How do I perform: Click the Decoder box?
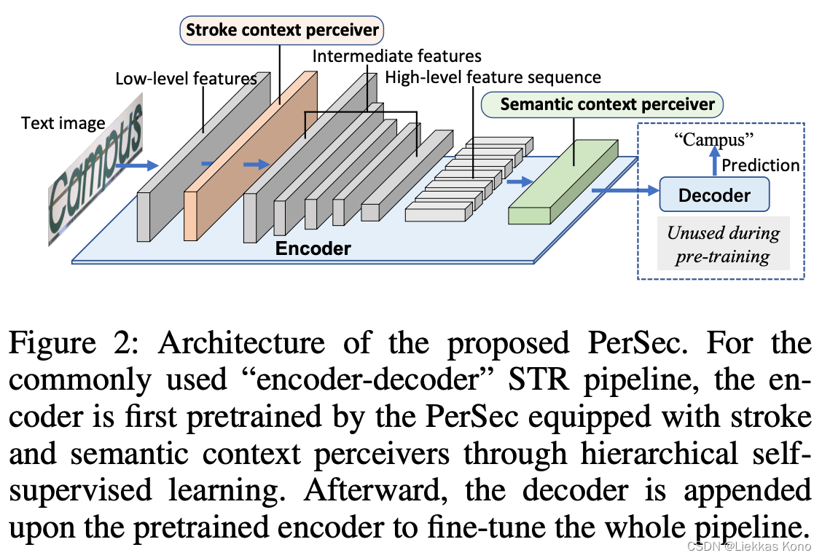click(714, 195)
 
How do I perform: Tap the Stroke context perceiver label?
click(282, 30)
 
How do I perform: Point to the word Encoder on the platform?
click(313, 248)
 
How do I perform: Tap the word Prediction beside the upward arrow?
click(760, 165)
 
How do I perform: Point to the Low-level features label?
click(186, 78)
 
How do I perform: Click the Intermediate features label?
click(396, 55)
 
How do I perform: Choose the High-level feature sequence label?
click(493, 77)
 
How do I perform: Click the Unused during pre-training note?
click(723, 244)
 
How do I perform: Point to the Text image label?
click(63, 123)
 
